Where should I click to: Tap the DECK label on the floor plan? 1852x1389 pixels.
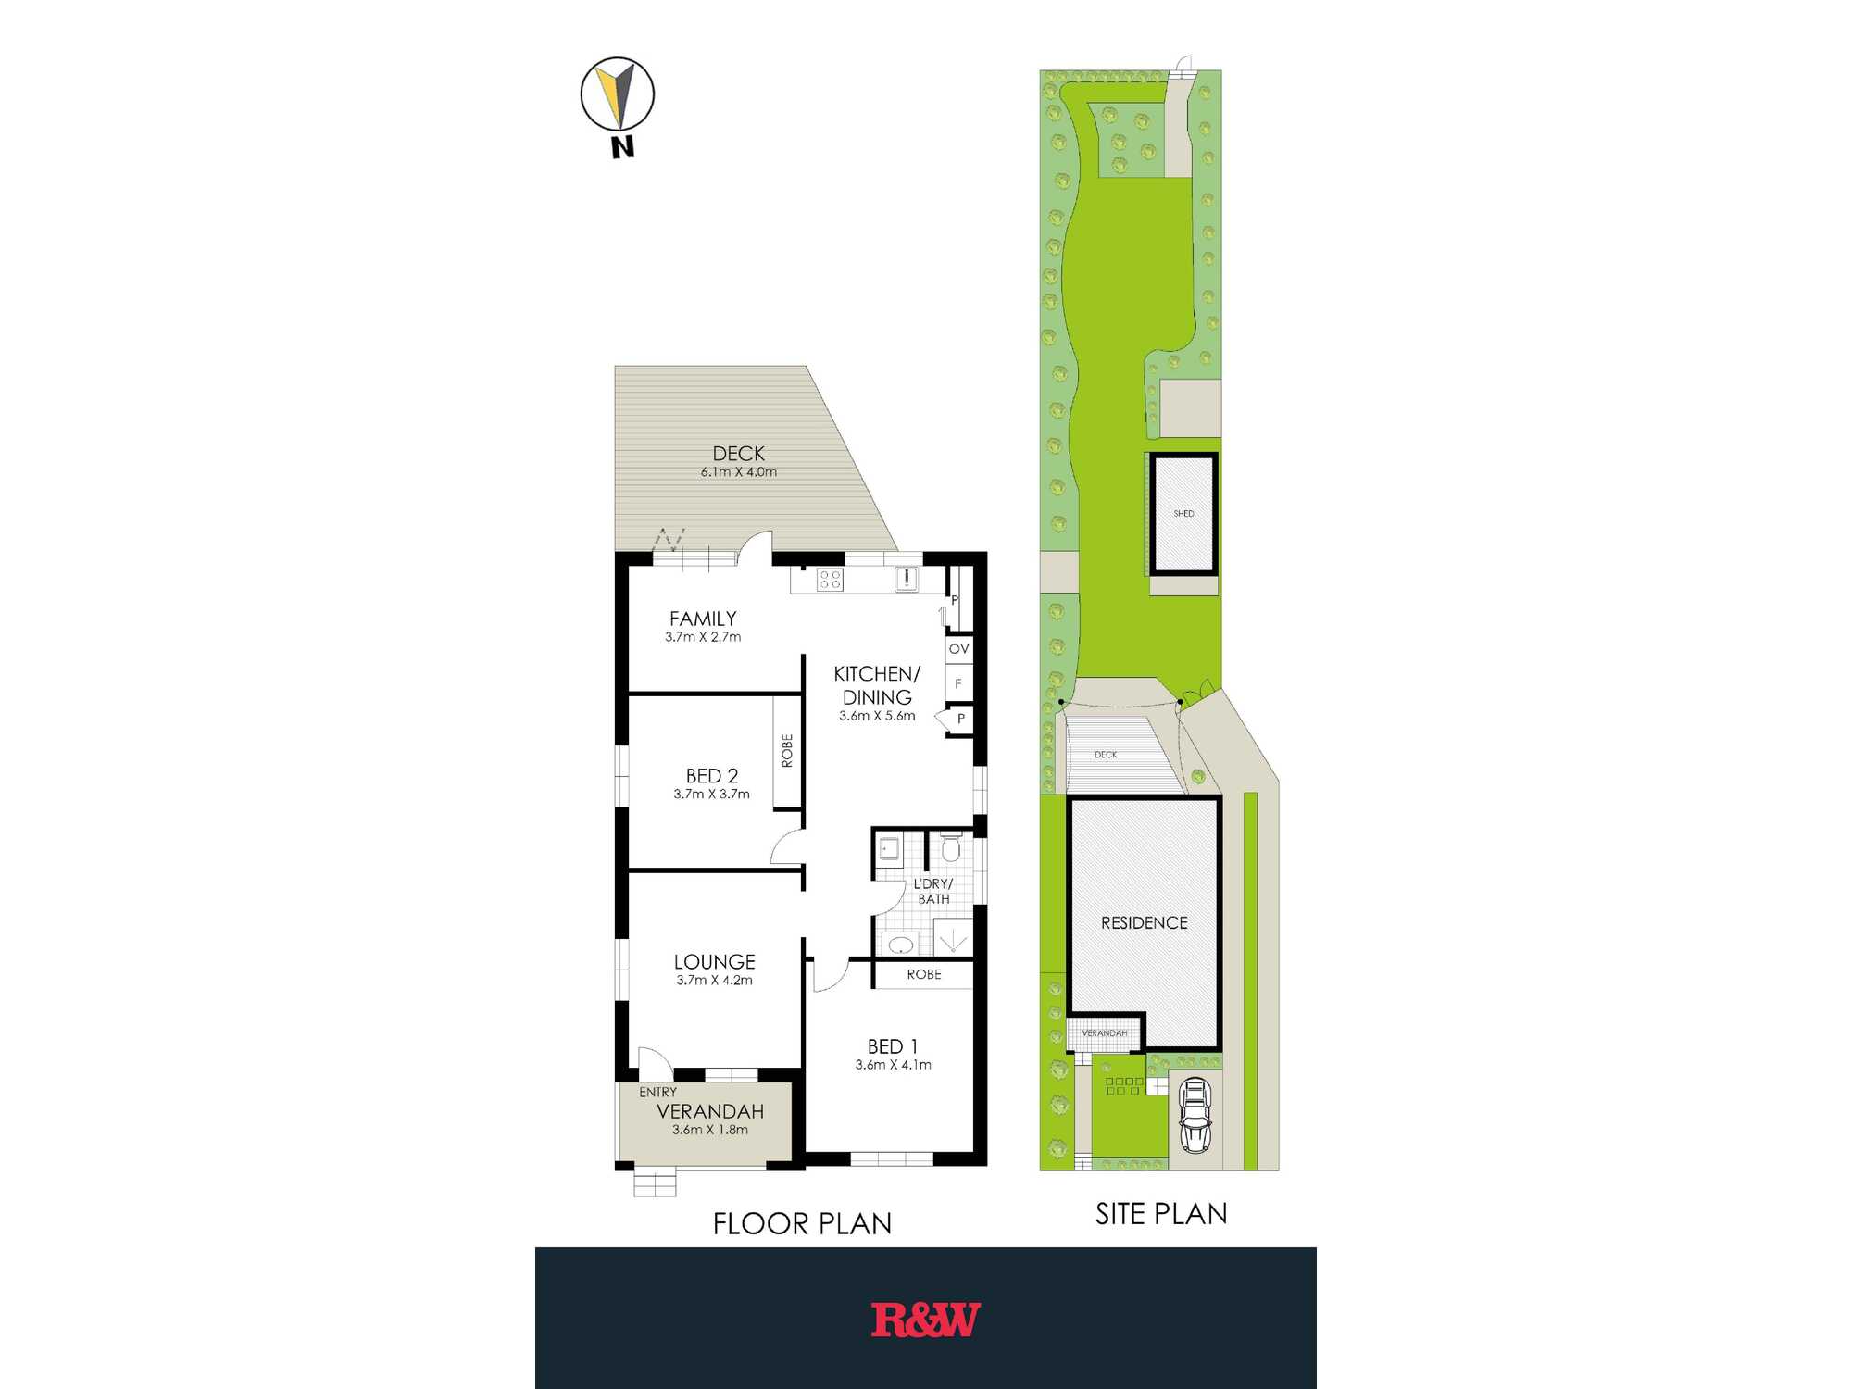(739, 453)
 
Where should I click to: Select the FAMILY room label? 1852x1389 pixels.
(703, 619)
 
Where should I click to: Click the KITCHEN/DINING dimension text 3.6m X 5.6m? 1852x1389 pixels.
(877, 716)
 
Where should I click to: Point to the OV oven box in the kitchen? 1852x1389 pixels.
(959, 648)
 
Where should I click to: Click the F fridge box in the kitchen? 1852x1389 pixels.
(959, 683)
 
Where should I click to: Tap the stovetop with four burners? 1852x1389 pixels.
(830, 580)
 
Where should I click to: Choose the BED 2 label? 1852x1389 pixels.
(712, 776)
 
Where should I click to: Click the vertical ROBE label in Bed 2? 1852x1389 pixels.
(787, 751)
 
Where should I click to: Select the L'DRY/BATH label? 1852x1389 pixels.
(933, 891)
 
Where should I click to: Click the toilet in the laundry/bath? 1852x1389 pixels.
(951, 846)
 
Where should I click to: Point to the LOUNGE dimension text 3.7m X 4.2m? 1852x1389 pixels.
(714, 980)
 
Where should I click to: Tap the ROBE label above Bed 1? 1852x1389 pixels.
(924, 974)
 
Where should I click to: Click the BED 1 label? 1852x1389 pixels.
(893, 1046)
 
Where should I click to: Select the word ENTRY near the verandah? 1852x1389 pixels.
(657, 1093)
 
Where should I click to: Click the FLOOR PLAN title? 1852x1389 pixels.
(802, 1224)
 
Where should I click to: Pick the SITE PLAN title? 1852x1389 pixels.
(1161, 1214)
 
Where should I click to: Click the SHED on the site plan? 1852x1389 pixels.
(1183, 514)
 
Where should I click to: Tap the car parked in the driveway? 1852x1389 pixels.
(1195, 1115)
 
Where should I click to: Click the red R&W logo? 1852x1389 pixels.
(925, 1320)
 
